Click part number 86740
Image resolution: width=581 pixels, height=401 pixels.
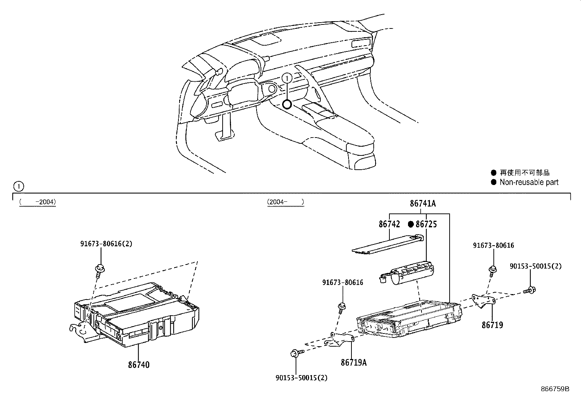coord(139,365)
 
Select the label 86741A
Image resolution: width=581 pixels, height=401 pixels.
coord(423,203)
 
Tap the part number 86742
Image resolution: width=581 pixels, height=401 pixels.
coord(389,224)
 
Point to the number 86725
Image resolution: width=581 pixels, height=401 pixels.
coord(426,224)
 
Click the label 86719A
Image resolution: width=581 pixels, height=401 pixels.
coord(354,362)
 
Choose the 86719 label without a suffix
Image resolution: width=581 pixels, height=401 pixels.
coord(492,325)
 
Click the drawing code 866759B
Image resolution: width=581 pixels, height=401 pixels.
coord(555,389)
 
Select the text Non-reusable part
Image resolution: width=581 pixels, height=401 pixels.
coord(529,182)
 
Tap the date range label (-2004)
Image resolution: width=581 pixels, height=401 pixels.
coord(38,201)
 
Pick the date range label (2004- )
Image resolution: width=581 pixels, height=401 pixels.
coord(285,201)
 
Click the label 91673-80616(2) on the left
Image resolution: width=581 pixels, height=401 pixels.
coord(106,243)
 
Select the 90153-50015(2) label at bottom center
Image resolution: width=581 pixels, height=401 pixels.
coord(301,378)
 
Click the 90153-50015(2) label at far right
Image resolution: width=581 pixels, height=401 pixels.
coord(535,266)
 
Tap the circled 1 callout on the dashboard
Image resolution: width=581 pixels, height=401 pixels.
coord(287,77)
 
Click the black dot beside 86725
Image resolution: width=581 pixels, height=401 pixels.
coord(411,224)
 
